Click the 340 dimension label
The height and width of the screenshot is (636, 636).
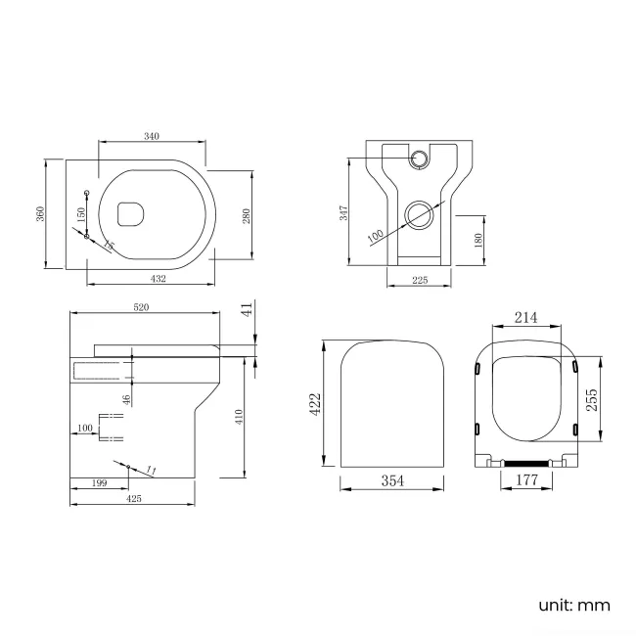tap(152, 136)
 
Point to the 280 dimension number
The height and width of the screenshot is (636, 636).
tap(261, 214)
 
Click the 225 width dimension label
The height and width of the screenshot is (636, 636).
tap(419, 280)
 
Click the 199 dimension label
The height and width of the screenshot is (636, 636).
tap(98, 483)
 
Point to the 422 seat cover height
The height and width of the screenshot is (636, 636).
tap(316, 405)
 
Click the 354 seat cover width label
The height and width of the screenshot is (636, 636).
tap(392, 480)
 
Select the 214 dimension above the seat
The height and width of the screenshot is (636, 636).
tap(527, 317)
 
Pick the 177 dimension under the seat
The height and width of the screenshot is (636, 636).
tap(527, 479)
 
